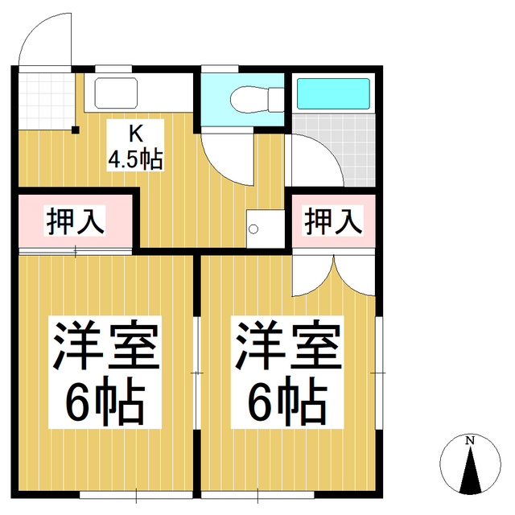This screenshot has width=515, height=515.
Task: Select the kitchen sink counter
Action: pyautogui.click(x=142, y=93)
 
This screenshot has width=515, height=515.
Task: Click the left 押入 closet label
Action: pyautogui.click(x=75, y=220)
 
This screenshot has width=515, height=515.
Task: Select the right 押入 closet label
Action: pyautogui.click(x=332, y=220)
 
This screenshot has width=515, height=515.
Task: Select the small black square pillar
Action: pyautogui.click(x=75, y=130)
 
